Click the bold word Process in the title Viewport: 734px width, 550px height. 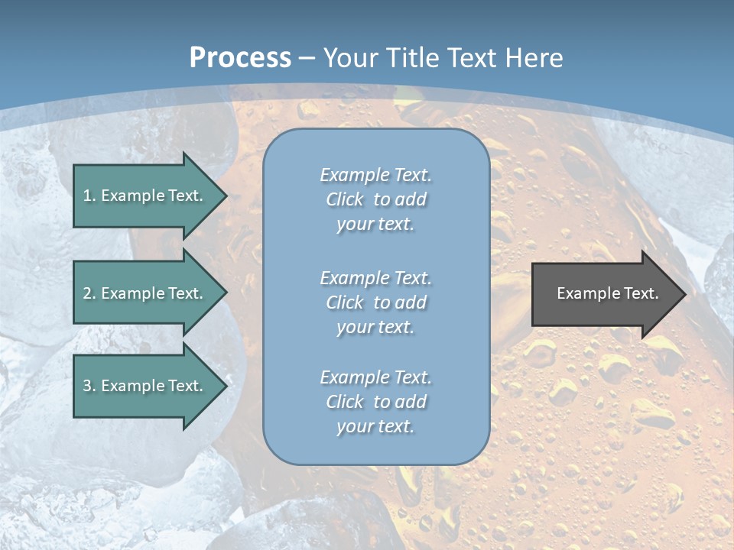[240, 58]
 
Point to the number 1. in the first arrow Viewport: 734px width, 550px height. [89, 196]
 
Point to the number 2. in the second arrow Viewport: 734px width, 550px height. [89, 293]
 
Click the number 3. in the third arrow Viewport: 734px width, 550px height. [89, 386]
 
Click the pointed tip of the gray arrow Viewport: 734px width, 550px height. [682, 294]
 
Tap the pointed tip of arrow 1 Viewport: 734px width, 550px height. [224, 196]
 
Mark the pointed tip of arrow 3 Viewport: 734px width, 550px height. [224, 386]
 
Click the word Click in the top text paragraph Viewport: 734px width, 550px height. [345, 199]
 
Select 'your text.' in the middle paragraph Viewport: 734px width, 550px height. [375, 327]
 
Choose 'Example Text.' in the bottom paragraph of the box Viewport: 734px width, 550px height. [375, 377]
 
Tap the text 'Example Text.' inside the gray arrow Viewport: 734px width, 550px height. [607, 293]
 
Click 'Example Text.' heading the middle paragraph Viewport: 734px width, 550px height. [375, 278]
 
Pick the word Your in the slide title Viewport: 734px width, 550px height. [350, 58]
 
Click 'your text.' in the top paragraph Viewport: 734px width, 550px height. [375, 225]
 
